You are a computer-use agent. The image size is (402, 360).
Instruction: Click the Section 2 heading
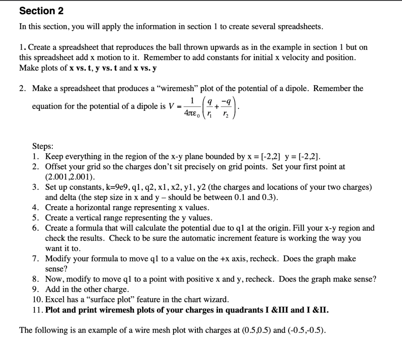pos(41,11)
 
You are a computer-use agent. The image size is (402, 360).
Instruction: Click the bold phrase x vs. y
pos(145,68)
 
